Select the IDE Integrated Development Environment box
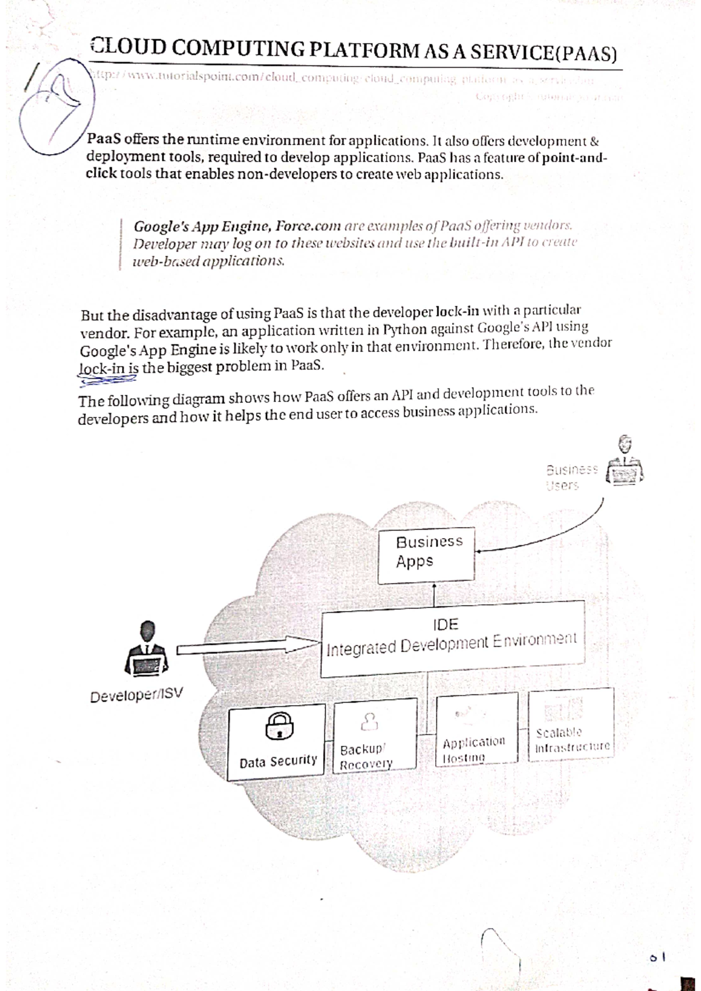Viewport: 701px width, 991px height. (452, 638)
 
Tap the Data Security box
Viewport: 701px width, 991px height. (276, 741)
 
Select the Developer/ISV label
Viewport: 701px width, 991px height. (136, 695)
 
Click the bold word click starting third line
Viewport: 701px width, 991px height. (101, 174)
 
